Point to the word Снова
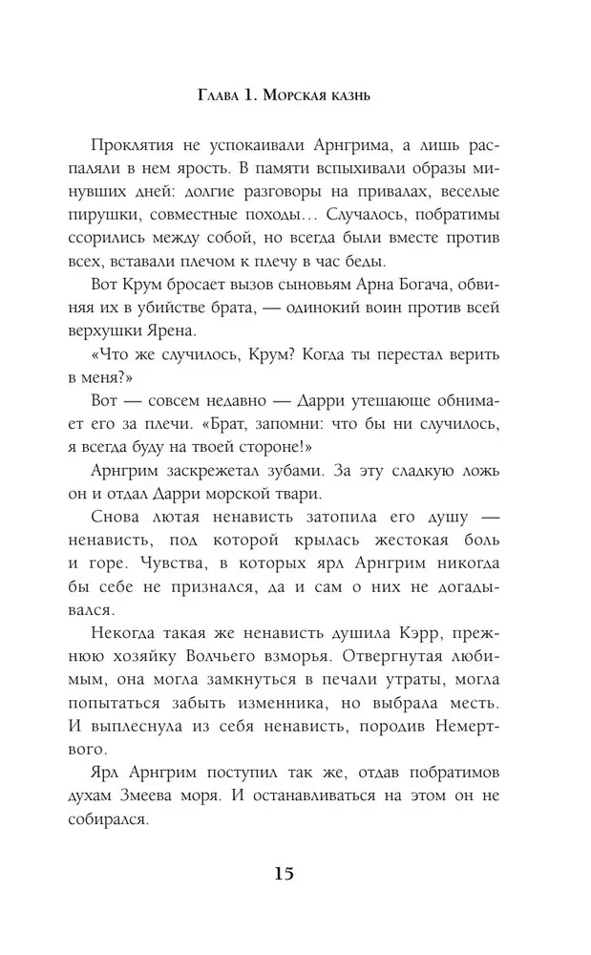121,518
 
